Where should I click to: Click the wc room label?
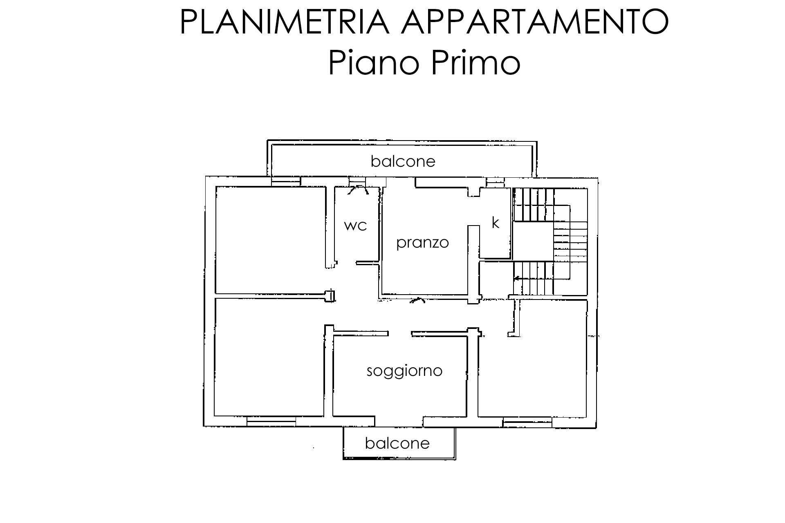[355, 226]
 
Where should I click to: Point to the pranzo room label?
[423, 243]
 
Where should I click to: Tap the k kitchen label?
[496, 223]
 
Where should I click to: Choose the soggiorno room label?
[404, 371]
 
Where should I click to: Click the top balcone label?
[403, 161]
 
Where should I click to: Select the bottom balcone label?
[397, 443]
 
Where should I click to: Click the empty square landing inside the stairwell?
[533, 242]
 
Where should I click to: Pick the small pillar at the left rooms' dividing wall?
[330, 295]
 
